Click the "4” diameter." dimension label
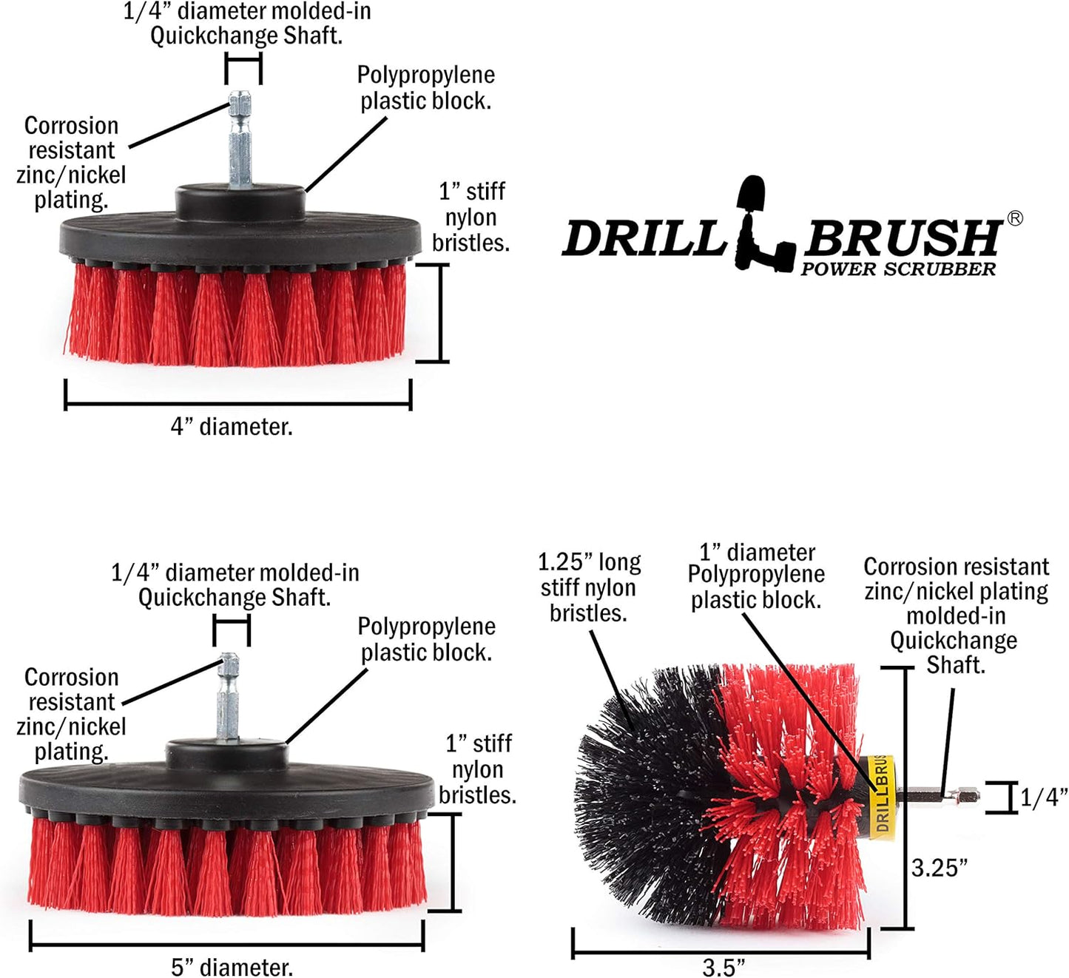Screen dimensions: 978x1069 pyautogui.click(x=232, y=427)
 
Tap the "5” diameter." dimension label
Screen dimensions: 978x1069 pyautogui.click(x=232, y=966)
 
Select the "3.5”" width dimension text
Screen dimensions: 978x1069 pyautogui.click(x=723, y=966)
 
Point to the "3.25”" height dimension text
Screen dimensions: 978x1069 pyautogui.click(x=939, y=868)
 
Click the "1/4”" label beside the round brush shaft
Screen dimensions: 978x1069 pyautogui.click(x=1044, y=797)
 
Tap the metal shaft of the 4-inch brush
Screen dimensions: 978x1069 pyautogui.click(x=240, y=141)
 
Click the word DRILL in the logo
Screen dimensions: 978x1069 pyautogui.click(x=644, y=239)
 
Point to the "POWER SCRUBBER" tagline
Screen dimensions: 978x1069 pyautogui.click(x=898, y=269)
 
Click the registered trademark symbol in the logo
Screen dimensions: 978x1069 pyautogui.click(x=1015, y=218)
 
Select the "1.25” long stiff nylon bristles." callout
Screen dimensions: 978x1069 pyautogui.click(x=589, y=587)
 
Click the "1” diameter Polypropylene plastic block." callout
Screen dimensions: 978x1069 pyautogui.click(x=756, y=576)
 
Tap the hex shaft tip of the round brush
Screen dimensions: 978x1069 pyautogui.click(x=965, y=796)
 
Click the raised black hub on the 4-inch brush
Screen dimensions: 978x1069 pyautogui.click(x=240, y=200)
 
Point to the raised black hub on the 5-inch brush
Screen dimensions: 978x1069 pyautogui.click(x=227, y=752)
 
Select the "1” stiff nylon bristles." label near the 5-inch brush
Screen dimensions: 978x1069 pyautogui.click(x=478, y=769)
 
